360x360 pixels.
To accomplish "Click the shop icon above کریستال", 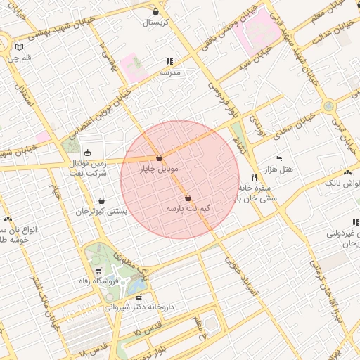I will (155, 12).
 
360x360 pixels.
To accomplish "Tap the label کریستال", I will (155, 22).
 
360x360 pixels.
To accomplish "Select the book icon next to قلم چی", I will (18, 49).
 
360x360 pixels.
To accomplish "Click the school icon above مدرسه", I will (169, 62).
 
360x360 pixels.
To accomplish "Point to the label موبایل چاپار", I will (159, 169).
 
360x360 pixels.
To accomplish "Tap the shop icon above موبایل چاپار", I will (160, 158).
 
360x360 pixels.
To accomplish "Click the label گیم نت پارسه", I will (188, 209).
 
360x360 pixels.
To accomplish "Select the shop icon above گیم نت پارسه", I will (188, 198).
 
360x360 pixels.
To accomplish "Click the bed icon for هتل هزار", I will (278, 159).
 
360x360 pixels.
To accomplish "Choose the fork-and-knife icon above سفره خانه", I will (254, 178).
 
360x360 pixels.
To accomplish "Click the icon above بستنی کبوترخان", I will (102, 200).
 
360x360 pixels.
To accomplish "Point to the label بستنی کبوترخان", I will (102, 211).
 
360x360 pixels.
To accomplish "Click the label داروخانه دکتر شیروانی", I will (139, 307).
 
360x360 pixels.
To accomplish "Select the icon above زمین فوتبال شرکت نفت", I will (87, 153).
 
